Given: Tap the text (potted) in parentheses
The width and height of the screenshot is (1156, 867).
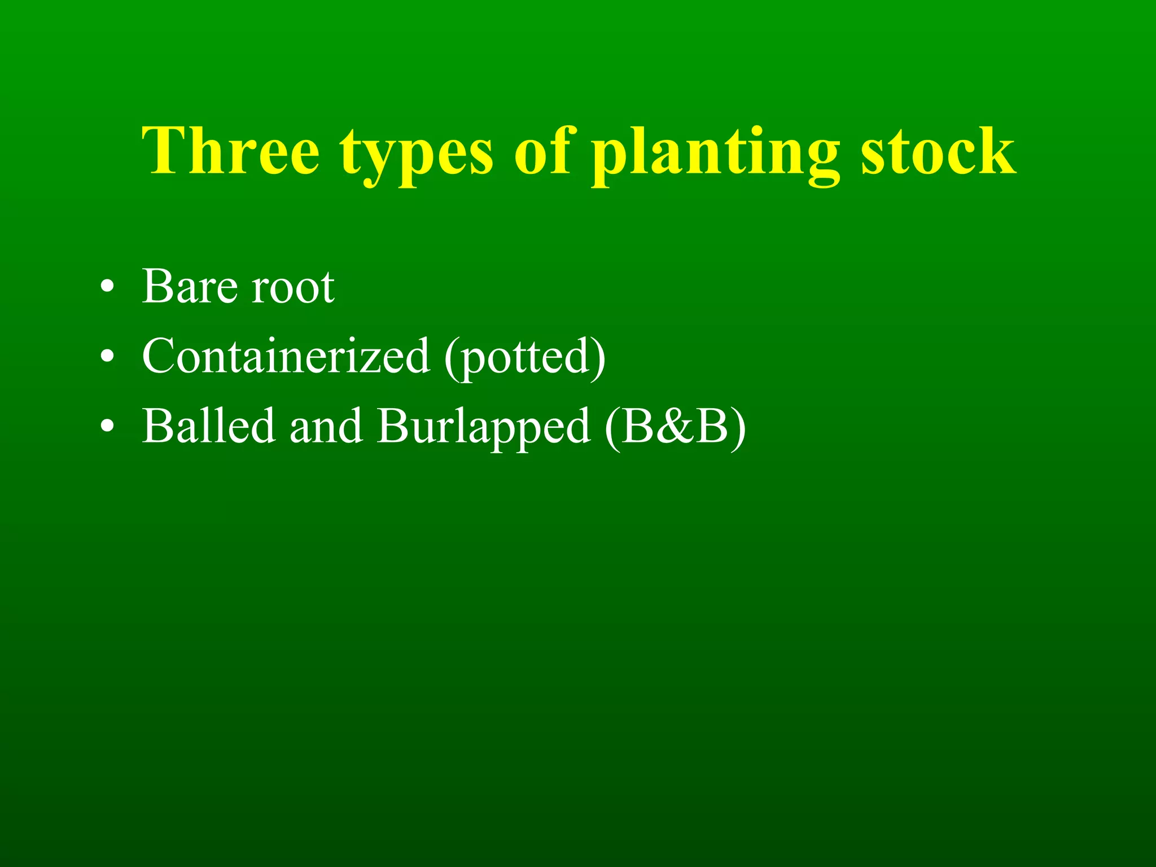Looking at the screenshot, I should pyautogui.click(x=525, y=358).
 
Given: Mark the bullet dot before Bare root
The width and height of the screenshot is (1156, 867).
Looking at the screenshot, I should pyautogui.click(x=107, y=288).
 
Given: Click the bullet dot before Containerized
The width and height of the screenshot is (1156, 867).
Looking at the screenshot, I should pyautogui.click(x=107, y=357).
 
